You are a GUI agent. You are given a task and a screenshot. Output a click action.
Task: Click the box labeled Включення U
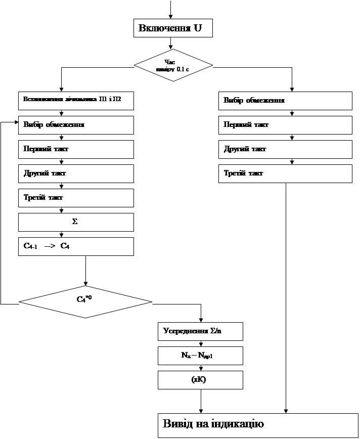(x=172, y=28)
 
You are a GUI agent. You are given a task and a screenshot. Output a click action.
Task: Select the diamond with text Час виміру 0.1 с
(x=172, y=65)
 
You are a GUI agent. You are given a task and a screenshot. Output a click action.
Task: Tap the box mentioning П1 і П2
(x=76, y=101)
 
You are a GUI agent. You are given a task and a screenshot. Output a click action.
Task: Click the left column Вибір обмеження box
(x=76, y=125)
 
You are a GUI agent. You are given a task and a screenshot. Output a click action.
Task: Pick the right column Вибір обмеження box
(x=285, y=101)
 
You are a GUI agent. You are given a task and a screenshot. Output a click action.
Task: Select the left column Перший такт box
(x=76, y=149)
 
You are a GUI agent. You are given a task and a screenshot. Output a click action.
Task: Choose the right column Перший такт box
(x=285, y=125)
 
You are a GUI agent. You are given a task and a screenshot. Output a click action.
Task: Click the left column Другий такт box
(x=76, y=173)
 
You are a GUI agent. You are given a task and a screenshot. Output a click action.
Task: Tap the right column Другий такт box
(x=285, y=149)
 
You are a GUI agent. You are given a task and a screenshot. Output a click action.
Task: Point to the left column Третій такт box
(x=76, y=198)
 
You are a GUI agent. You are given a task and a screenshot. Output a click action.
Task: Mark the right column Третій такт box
(x=285, y=173)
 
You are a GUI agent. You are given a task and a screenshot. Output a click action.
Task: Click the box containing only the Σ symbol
(x=76, y=222)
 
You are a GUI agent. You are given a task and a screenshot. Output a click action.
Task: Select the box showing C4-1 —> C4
(x=76, y=246)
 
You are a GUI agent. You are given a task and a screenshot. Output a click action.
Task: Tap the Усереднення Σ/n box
(x=200, y=331)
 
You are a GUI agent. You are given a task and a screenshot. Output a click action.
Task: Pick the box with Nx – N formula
(x=200, y=356)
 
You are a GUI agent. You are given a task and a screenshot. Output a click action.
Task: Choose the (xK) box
(x=200, y=380)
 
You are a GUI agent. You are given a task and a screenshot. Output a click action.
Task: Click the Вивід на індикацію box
(x=256, y=424)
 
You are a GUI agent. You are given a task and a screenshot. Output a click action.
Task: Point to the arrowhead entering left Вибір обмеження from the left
(x=16, y=122)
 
